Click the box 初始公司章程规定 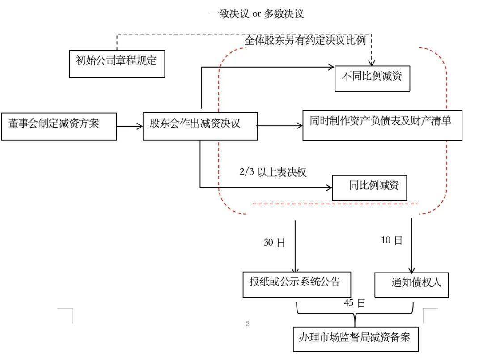click(x=117, y=64)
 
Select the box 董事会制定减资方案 click(x=59, y=126)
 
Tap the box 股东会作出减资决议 click(x=200, y=126)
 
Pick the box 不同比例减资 click(x=373, y=78)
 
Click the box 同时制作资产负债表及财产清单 click(x=382, y=125)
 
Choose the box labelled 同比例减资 click(x=369, y=187)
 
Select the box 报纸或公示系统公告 click(x=297, y=284)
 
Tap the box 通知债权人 click(x=411, y=285)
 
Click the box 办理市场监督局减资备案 click(x=356, y=339)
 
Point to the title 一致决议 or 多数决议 click(x=256, y=14)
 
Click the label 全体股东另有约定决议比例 click(x=305, y=40)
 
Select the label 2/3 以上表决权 click(x=273, y=172)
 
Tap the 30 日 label click(x=274, y=243)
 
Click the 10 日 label click(x=391, y=240)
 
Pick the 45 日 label click(x=355, y=303)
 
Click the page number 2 click(x=248, y=324)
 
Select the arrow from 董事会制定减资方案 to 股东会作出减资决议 click(x=130, y=126)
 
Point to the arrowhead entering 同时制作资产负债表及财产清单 click(x=300, y=125)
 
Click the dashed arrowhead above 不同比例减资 click(x=372, y=63)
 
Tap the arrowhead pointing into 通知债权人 click(x=411, y=269)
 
